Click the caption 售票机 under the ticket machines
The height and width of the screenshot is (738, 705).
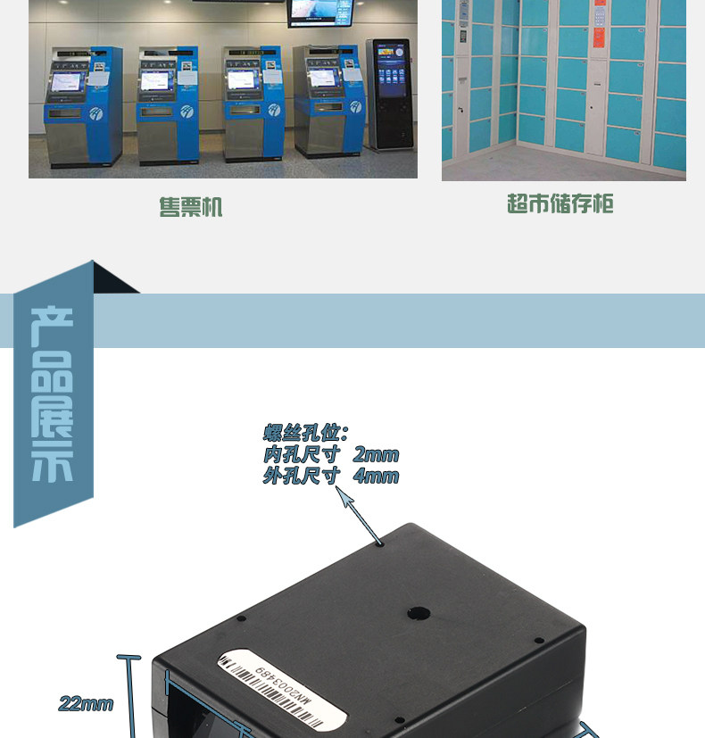tap(190, 208)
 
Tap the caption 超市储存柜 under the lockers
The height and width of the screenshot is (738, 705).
tap(560, 204)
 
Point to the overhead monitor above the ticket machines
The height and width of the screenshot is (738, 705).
tap(319, 12)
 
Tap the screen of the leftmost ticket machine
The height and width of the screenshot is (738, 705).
tap(64, 82)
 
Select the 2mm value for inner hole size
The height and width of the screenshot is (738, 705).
tap(376, 455)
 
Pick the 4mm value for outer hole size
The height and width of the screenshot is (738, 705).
tap(376, 476)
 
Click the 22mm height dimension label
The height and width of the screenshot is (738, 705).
tap(86, 704)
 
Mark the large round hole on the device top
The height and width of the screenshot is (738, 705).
tap(416, 614)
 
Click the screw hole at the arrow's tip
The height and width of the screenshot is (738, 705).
tap(381, 542)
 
